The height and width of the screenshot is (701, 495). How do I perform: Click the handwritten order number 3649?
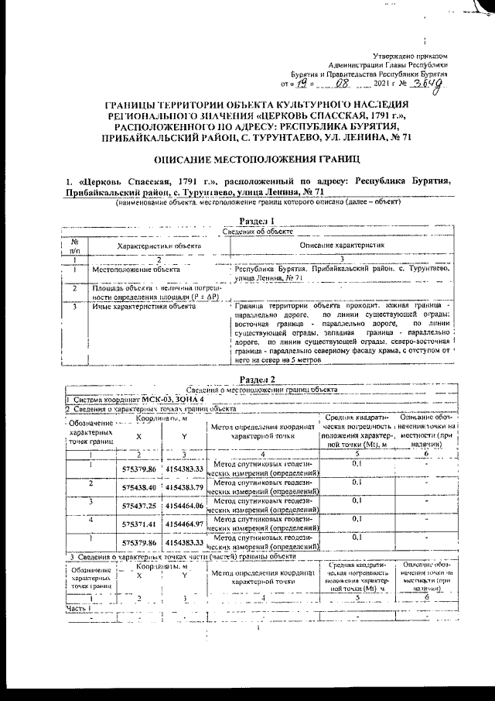tap(430, 84)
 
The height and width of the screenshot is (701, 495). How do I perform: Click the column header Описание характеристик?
tap(341, 246)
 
